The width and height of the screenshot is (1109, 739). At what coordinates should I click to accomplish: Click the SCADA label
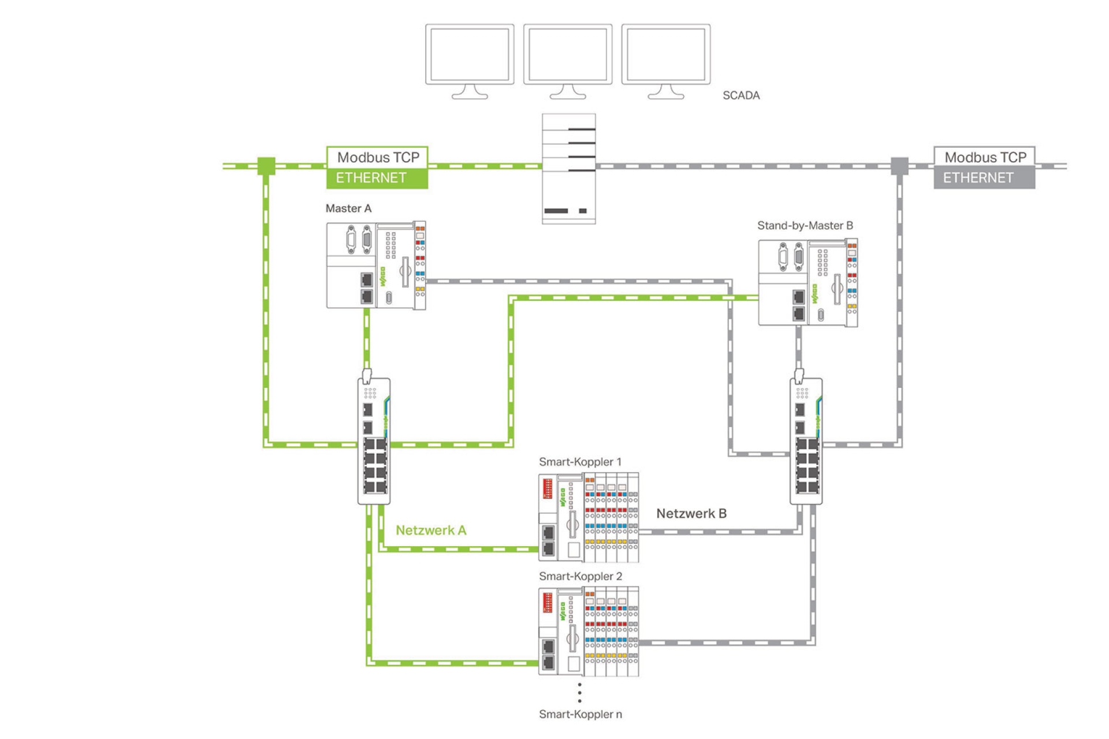[741, 96]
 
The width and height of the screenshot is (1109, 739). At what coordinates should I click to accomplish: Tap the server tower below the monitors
[569, 169]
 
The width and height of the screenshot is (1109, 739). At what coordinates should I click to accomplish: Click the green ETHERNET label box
[377, 178]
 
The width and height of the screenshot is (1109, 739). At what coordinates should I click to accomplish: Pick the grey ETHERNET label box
[984, 178]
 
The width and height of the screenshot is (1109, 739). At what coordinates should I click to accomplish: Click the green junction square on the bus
[266, 166]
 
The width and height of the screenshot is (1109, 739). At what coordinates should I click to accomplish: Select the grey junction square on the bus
[899, 166]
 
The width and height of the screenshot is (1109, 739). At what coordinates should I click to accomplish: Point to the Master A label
[348, 208]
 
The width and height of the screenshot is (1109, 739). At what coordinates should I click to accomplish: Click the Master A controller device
[376, 266]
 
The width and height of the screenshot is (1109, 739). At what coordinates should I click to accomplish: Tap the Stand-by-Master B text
[805, 226]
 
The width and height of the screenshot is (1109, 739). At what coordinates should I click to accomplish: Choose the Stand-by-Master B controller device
[807, 283]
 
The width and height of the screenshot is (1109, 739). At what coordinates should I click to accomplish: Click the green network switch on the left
[374, 442]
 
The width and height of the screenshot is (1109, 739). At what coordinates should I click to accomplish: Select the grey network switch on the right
[806, 442]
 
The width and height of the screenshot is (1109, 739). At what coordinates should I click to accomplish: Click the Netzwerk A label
[431, 531]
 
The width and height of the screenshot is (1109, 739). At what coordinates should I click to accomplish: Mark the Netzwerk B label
[691, 514]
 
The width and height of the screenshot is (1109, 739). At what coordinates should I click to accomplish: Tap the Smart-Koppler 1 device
[589, 517]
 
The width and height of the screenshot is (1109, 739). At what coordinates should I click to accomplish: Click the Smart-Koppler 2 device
[589, 632]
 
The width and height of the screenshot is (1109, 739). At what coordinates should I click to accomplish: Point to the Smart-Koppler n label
[580, 715]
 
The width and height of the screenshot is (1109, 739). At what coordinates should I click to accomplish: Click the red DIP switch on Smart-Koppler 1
[548, 488]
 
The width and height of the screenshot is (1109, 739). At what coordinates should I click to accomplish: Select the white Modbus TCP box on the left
[378, 157]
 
